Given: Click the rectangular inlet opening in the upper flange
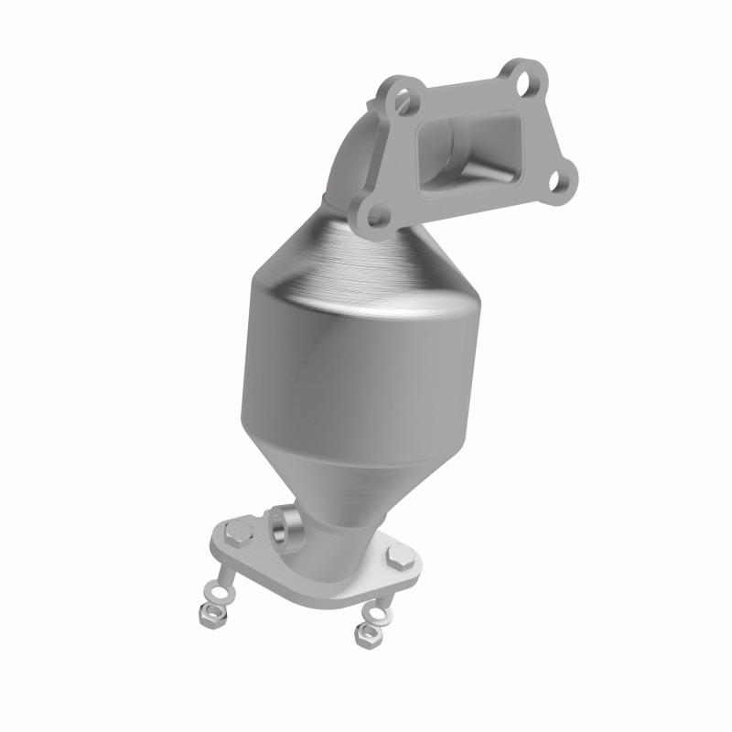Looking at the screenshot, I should [467, 146].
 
